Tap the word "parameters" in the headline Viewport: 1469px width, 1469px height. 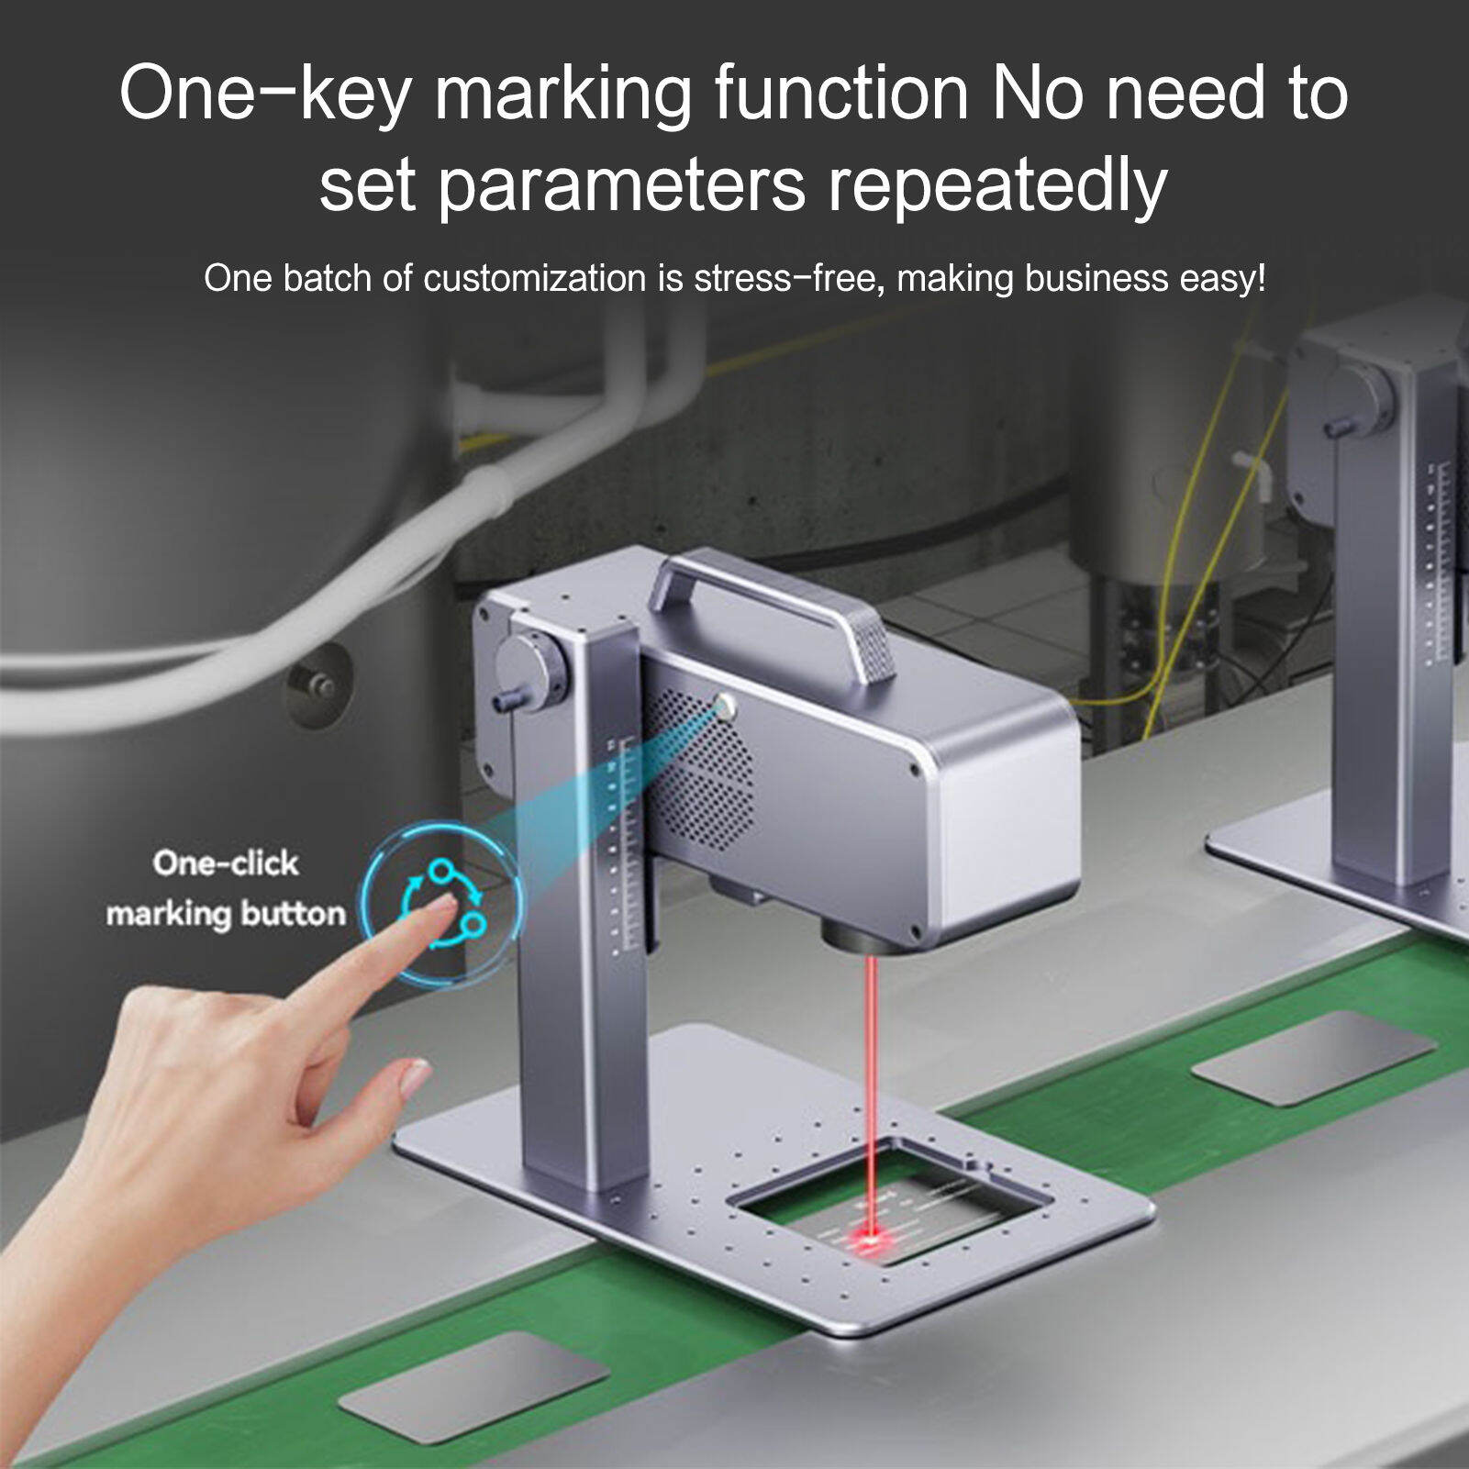[x=621, y=185]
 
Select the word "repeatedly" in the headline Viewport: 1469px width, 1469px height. [x=997, y=185]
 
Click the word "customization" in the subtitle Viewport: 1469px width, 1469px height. [x=534, y=278]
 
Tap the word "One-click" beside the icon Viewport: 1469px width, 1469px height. [x=226, y=863]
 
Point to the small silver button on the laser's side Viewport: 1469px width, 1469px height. [x=726, y=707]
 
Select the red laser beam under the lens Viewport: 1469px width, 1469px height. [x=870, y=1083]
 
